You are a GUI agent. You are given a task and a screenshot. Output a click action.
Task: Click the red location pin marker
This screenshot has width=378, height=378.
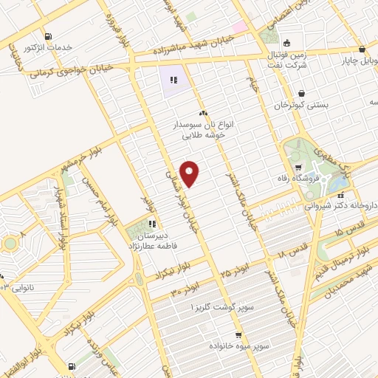(x=190, y=173)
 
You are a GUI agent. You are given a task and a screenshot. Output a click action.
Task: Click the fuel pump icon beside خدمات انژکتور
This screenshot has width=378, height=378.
(x=48, y=36)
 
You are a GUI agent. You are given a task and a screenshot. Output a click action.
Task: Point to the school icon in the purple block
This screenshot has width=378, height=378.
(x=173, y=80)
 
